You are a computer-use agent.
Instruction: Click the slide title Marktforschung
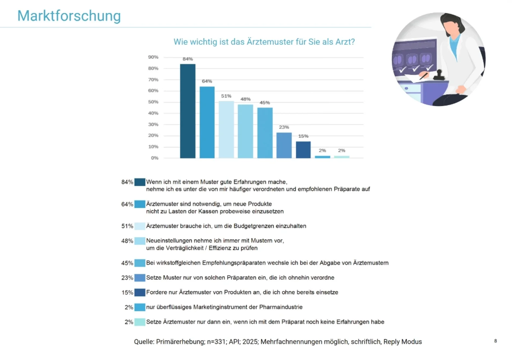[69, 16]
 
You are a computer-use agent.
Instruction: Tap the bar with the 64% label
[207, 122]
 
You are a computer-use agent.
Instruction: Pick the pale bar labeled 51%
[226, 130]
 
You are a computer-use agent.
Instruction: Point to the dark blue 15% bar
[303, 150]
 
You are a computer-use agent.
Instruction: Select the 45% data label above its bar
[265, 103]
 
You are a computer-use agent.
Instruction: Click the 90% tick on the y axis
[153, 57]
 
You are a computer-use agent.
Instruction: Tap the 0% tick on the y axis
[155, 158]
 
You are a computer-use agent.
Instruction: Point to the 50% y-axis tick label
[153, 102]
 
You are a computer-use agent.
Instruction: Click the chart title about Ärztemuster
[264, 42]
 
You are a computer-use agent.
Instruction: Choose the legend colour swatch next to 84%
[140, 182]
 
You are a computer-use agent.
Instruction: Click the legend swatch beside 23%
[140, 278]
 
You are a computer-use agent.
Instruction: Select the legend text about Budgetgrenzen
[226, 226]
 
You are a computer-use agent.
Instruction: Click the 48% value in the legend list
[127, 241]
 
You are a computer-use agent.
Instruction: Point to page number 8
[495, 341]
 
